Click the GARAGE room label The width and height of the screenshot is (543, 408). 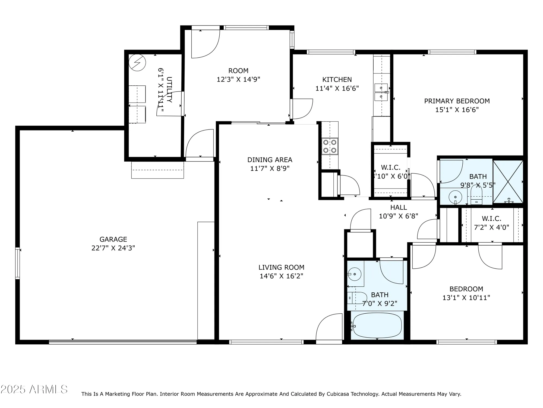click(x=113, y=239)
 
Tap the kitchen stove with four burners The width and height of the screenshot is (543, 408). click(x=330, y=146)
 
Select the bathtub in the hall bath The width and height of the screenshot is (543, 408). click(x=377, y=325)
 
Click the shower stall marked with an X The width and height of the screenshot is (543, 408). click(x=508, y=181)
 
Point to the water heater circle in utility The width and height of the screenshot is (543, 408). click(x=137, y=63)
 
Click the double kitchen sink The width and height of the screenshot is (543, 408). click(x=381, y=92)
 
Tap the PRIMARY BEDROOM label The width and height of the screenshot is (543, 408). click(x=457, y=101)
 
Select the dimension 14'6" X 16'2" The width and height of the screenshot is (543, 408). click(x=281, y=276)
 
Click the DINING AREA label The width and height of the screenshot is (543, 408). click(x=270, y=160)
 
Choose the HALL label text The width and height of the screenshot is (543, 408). click(x=398, y=208)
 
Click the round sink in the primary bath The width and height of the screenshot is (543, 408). click(x=455, y=196)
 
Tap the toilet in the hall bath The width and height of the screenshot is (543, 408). click(x=356, y=298)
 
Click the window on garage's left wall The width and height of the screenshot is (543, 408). click(x=18, y=263)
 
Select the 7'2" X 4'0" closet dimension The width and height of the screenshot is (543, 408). click(x=491, y=227)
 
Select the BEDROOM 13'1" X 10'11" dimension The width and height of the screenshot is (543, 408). click(x=466, y=298)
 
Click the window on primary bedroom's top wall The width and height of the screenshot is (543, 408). click(x=452, y=52)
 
